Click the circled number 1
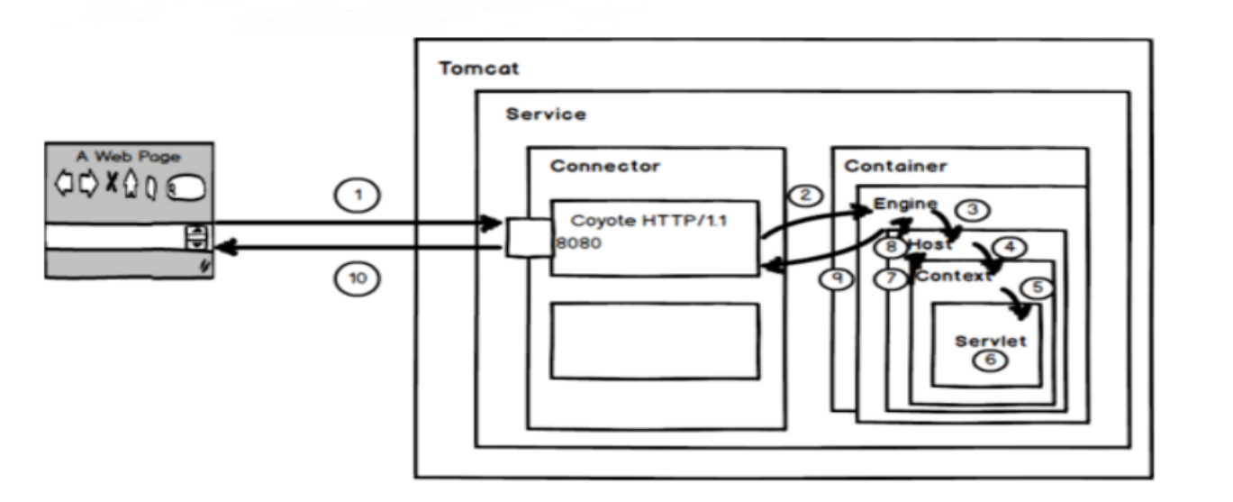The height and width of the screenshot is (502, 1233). pos(358,196)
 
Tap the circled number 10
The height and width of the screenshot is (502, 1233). pos(358,278)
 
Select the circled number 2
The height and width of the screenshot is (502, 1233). pos(805,195)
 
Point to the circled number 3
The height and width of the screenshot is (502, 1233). pos(973,210)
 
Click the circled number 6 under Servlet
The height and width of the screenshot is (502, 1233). pos(990,361)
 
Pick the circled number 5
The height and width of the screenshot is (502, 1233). pos(1037,288)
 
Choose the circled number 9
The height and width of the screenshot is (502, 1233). pos(837,278)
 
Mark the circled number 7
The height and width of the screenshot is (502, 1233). pos(891,278)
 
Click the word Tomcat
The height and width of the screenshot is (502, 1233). pos(478,68)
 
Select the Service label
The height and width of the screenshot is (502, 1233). pos(546,114)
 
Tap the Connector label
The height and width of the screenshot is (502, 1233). pos(605,166)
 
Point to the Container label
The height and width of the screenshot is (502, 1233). pos(895,166)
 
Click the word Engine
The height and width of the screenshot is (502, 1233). pos(905,204)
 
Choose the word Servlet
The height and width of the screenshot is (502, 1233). pos(991,341)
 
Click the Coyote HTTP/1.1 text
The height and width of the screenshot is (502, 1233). pos(649,221)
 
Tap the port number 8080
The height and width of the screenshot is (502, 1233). pos(578,243)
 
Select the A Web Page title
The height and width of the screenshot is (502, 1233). pos(128,157)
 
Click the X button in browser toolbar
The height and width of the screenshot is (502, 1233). pos(112,182)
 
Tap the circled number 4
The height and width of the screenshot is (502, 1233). pos(1010,248)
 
